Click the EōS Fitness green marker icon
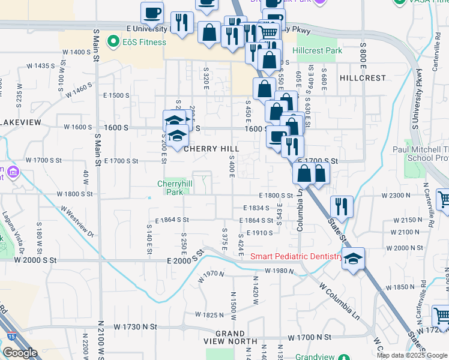112,41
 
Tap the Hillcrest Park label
319,51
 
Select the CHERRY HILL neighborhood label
211,149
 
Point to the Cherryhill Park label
173,188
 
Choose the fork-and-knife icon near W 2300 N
341,206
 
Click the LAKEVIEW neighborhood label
20,122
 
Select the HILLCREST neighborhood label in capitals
363,78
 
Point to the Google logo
20,353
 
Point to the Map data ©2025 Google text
412,355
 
